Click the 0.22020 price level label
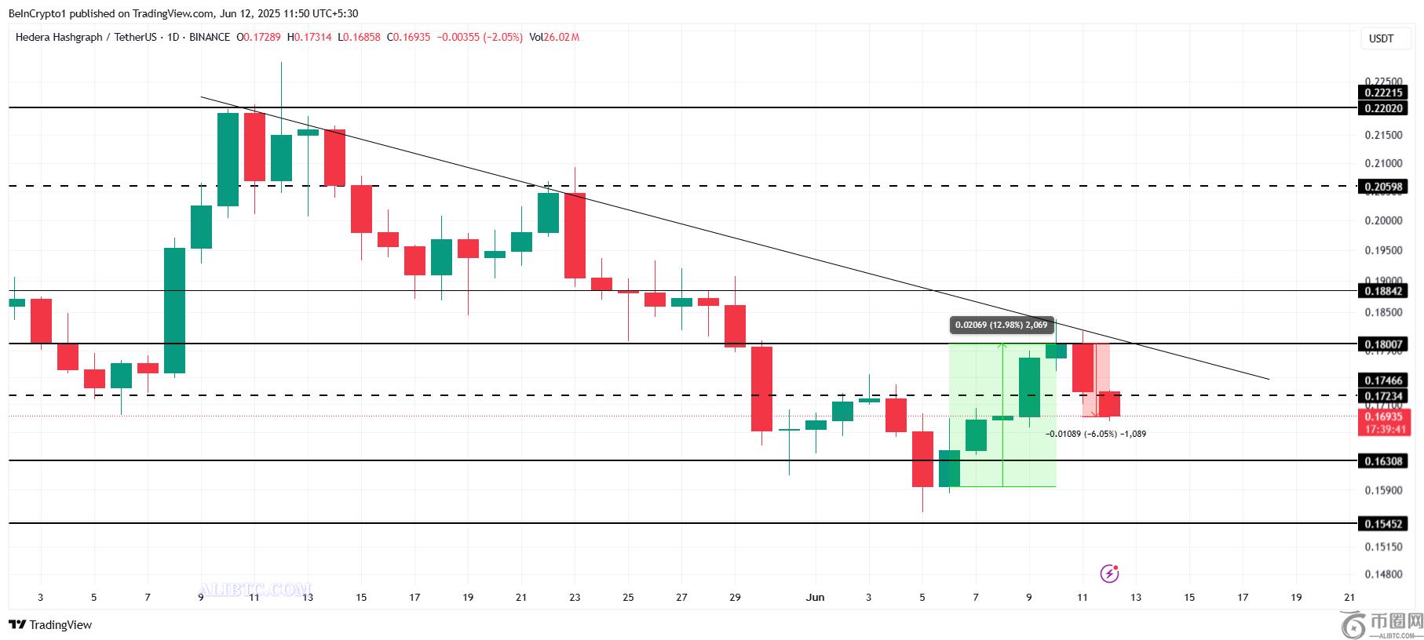tap(1383, 108)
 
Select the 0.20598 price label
tap(1383, 187)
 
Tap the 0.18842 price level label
tap(1383, 291)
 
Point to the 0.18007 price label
tap(1383, 344)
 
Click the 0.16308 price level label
tap(1383, 461)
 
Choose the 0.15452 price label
tap(1383, 524)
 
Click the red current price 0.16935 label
tap(1383, 418)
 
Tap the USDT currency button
tap(1381, 38)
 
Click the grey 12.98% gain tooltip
tap(1000, 325)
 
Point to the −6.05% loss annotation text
tap(1096, 434)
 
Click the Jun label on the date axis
tap(815, 598)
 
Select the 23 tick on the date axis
tap(575, 598)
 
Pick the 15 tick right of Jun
tap(1189, 598)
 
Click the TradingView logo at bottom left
tap(51, 625)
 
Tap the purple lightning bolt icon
tap(1109, 573)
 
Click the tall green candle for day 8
tap(174, 310)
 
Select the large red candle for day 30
tap(761, 388)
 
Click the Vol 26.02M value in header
tap(554, 37)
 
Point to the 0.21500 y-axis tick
tap(1383, 136)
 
